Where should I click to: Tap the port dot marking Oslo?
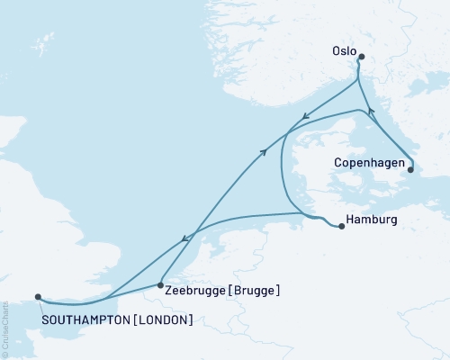coord(361,58)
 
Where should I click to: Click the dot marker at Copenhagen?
coord(411,168)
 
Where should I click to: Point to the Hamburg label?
coord(369,219)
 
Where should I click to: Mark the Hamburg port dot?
coord(342,227)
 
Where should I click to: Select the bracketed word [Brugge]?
coord(254,291)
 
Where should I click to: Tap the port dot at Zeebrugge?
coord(160,284)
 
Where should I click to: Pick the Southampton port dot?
coord(38,296)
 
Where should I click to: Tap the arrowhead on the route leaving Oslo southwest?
coord(304,115)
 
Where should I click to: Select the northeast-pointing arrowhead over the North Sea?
coord(265,152)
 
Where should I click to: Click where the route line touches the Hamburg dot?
coord(337,225)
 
